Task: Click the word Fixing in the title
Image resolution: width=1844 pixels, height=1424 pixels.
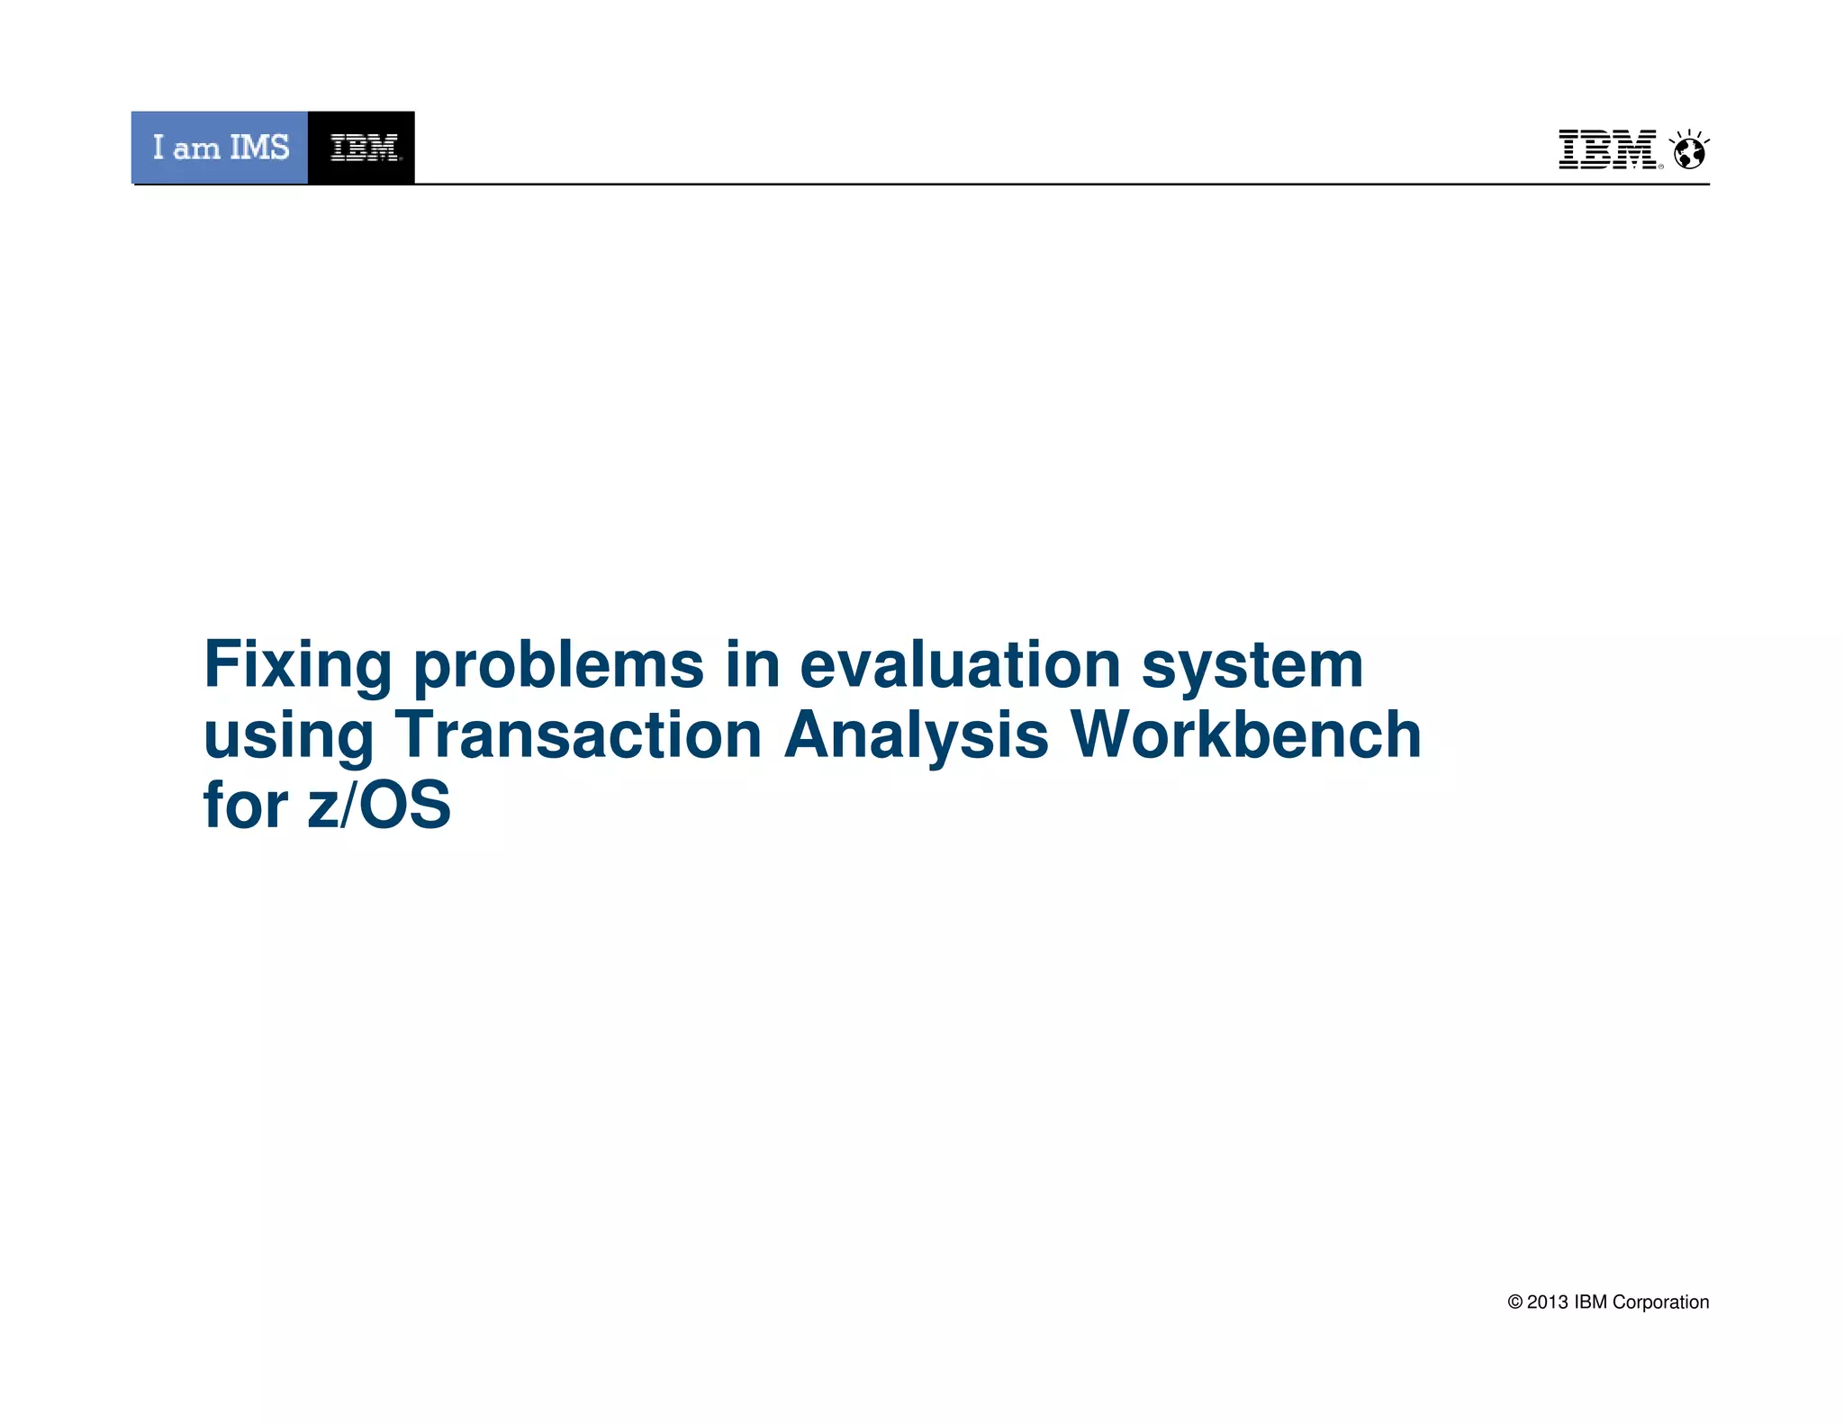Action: tap(297, 666)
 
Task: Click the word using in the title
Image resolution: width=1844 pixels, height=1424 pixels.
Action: tap(288, 736)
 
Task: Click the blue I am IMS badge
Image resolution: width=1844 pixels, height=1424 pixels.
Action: tap(220, 148)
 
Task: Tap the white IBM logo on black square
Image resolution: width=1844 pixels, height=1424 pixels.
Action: tap(362, 148)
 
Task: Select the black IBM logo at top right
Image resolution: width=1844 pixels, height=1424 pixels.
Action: tap(1608, 149)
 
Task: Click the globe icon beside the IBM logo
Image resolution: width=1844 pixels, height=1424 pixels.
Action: tap(1689, 151)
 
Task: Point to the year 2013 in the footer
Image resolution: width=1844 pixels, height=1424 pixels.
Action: tap(1547, 1302)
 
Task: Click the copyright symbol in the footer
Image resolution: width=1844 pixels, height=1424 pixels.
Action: tap(1515, 1302)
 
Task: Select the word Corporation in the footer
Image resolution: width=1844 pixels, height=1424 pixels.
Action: tap(1660, 1302)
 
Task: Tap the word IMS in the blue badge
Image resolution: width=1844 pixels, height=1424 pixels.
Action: tap(259, 148)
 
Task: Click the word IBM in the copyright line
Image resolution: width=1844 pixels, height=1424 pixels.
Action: tap(1590, 1302)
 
